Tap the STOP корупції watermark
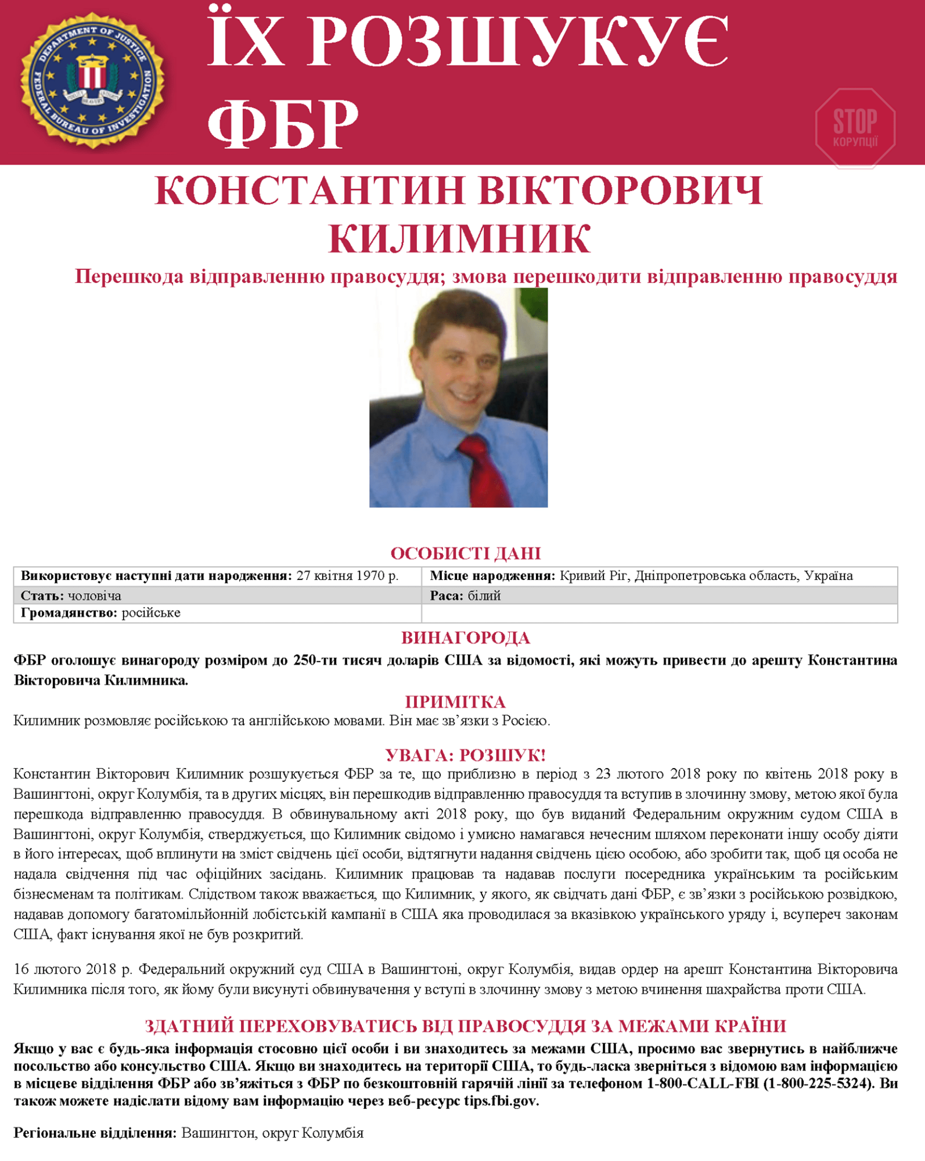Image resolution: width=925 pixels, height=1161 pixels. click(x=855, y=128)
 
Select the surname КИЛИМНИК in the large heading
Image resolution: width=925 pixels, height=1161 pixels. click(x=459, y=239)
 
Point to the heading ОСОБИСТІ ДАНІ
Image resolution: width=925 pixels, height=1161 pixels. click(x=465, y=553)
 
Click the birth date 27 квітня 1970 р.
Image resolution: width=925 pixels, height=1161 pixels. click(x=347, y=576)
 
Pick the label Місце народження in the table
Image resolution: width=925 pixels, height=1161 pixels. click(x=492, y=576)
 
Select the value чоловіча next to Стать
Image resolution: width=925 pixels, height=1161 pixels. click(x=95, y=596)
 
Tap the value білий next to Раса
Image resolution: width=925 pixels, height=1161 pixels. click(x=484, y=596)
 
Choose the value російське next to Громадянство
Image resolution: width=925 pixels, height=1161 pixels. click(x=151, y=613)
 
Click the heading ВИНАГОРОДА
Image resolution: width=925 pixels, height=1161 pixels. click(x=465, y=638)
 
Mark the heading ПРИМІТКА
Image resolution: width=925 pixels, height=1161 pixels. click(x=455, y=702)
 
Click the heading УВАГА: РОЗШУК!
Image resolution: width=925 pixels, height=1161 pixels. click(x=465, y=755)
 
